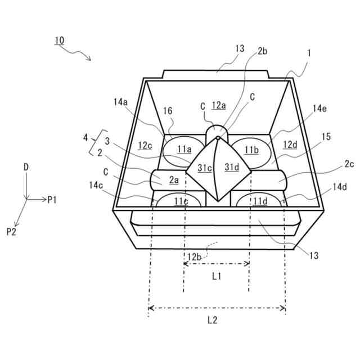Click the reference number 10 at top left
coord(59,40)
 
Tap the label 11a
coord(184,149)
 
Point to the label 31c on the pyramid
coord(204,167)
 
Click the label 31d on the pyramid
coord(232,166)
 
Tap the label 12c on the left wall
coord(146,145)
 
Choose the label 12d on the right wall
coord(290,145)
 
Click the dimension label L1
coord(217,276)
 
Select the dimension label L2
coord(212,321)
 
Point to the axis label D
coord(26,167)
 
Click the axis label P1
coord(52,199)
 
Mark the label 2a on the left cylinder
coord(174,180)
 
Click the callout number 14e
coord(319,109)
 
